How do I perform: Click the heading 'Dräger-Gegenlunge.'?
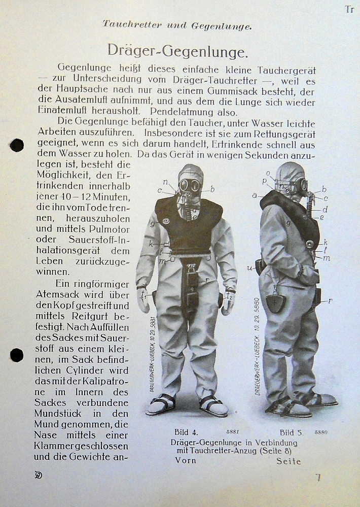[x=177, y=51]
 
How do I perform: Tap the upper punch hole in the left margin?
[x=17, y=145]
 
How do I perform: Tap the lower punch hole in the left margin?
[x=17, y=355]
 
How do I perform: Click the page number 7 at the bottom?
[x=318, y=477]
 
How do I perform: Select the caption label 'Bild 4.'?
[x=186, y=432]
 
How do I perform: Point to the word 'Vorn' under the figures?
[x=186, y=461]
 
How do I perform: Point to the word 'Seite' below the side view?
[x=289, y=461]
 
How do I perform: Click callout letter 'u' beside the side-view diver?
[x=249, y=267]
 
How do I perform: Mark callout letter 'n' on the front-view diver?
[x=165, y=182]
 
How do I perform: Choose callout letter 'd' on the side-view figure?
[x=325, y=209]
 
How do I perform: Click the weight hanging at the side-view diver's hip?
[x=276, y=302]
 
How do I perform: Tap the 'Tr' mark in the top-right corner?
[x=349, y=9]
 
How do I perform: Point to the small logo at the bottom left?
[x=38, y=475]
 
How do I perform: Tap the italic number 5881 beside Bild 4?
[x=232, y=432]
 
